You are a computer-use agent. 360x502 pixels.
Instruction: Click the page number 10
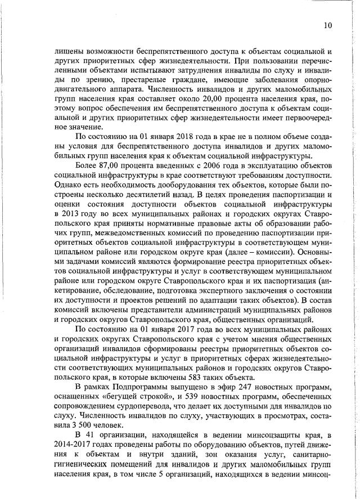click(x=328, y=25)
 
